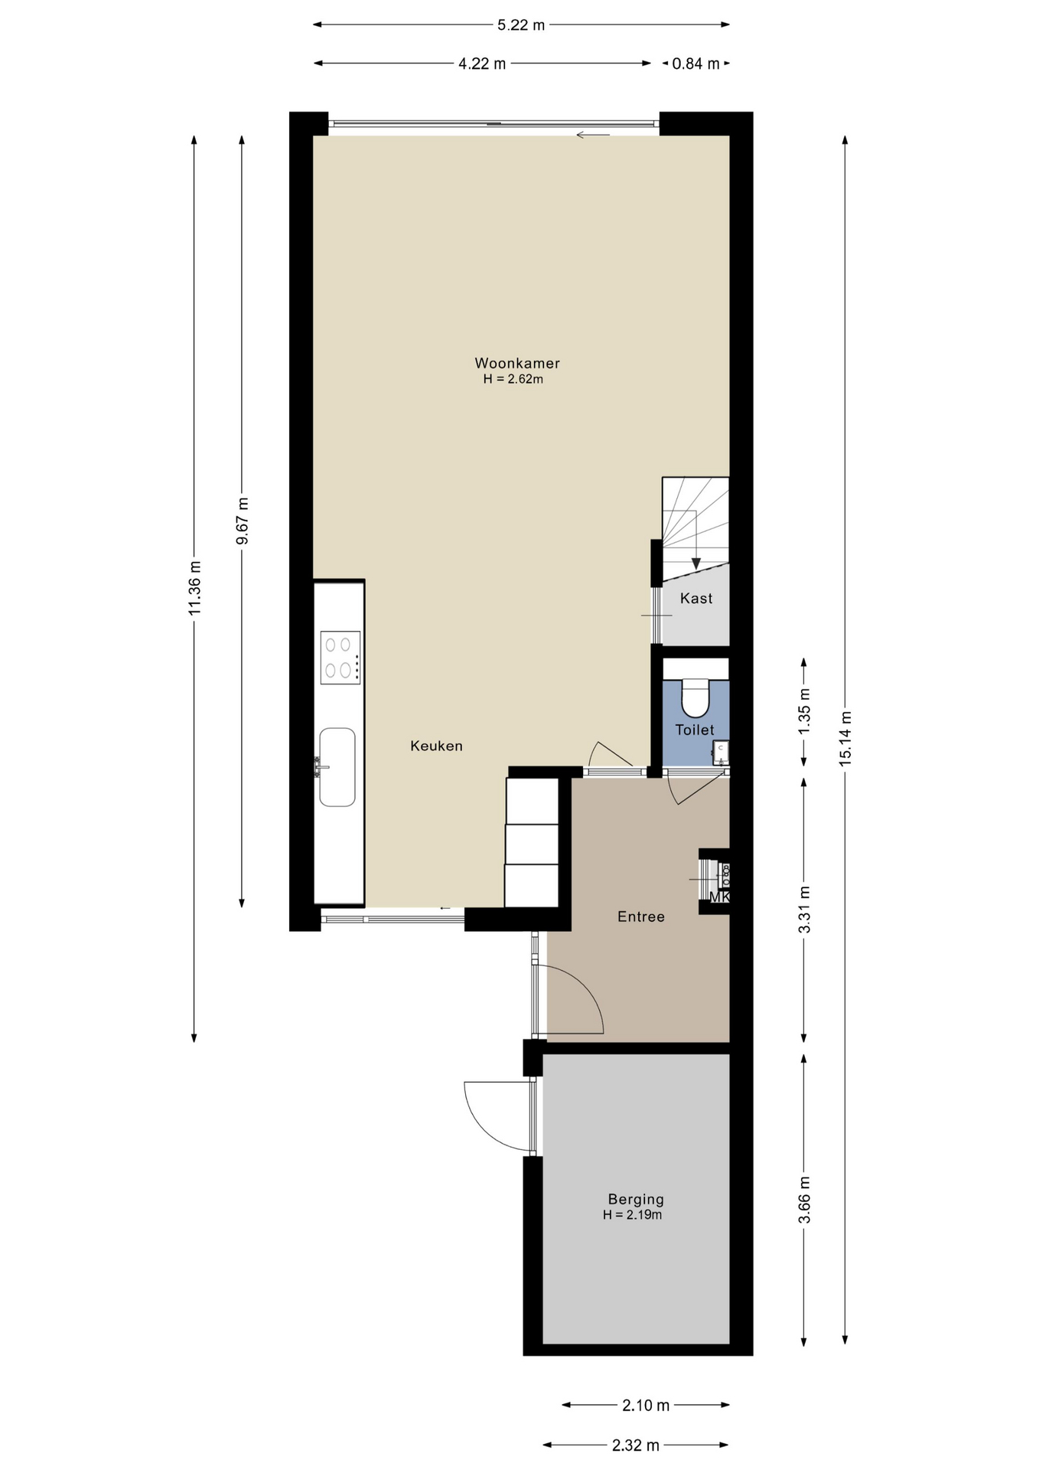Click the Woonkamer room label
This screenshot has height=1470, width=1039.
click(517, 364)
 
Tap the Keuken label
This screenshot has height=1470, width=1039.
click(436, 746)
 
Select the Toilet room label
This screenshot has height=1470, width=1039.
click(695, 730)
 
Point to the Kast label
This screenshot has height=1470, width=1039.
click(696, 598)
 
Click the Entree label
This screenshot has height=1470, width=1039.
click(641, 916)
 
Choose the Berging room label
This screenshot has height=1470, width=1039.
click(636, 1200)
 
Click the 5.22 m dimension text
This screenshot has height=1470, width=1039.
click(521, 24)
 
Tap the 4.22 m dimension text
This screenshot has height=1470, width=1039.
click(482, 64)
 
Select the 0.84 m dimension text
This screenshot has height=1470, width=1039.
click(695, 64)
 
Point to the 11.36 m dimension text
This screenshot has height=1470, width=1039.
click(194, 587)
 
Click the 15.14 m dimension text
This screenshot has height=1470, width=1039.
click(845, 739)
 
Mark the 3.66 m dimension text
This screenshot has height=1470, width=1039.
click(804, 1200)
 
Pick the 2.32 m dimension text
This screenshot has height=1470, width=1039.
click(635, 1445)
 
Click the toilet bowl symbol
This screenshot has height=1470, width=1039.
click(695, 697)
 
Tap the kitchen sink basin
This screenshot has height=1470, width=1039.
click(337, 767)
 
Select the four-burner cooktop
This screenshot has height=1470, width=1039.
click(340, 657)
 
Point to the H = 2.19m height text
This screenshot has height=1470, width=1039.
click(632, 1215)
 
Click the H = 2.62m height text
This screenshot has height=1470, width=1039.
click(513, 379)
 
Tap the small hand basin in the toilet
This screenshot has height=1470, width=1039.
click(721, 752)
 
